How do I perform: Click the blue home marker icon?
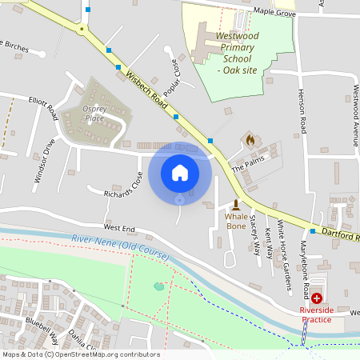pos(180,172)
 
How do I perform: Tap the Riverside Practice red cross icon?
pos(317,298)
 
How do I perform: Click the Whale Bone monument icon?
pos(236,204)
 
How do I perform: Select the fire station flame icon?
pos(250,140)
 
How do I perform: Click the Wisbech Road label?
pos(146,91)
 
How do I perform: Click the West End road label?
pos(119,228)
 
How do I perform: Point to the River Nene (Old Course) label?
pos(120,247)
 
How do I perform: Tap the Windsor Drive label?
pos(44,161)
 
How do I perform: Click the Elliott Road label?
pos(43,109)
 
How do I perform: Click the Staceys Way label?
pos(254,236)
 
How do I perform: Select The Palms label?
pos(247,170)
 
